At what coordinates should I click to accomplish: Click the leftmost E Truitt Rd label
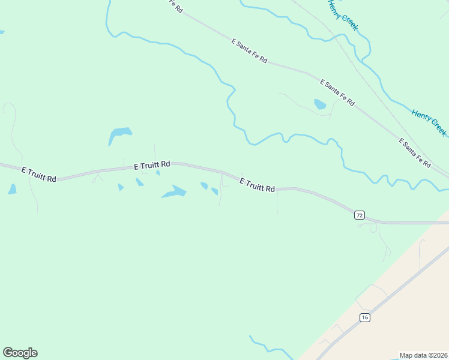(39, 175)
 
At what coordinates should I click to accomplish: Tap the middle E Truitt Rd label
(152, 164)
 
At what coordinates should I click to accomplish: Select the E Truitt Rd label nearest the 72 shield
(257, 185)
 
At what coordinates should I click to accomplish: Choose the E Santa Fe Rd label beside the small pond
(337, 92)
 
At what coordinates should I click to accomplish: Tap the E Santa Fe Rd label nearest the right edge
(415, 152)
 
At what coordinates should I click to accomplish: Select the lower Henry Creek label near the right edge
(429, 122)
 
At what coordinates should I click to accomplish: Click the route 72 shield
(359, 215)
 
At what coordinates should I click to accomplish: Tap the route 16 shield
(364, 317)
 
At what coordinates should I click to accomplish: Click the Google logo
(20, 353)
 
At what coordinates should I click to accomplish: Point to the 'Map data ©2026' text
(423, 355)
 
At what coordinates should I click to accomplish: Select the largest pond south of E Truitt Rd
(174, 192)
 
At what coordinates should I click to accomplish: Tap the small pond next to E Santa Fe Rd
(320, 104)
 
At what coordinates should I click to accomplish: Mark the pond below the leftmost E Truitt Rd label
(13, 190)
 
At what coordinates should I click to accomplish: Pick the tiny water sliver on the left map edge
(2, 32)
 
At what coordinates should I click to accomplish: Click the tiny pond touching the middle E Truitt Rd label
(158, 173)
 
